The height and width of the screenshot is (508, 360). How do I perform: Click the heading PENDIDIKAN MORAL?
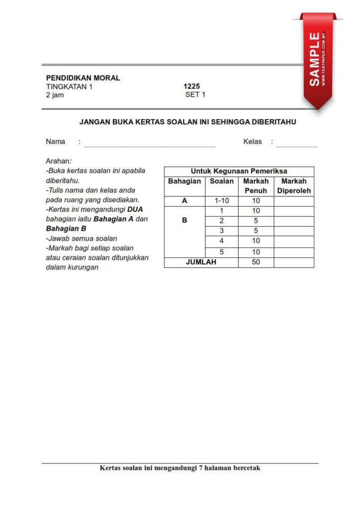pyautogui.click(x=83, y=78)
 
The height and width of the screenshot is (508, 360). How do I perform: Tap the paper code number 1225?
pyautogui.click(x=192, y=86)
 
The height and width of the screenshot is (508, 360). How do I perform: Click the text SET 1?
pyautogui.click(x=195, y=95)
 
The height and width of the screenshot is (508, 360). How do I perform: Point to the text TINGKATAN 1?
pyautogui.click(x=69, y=86)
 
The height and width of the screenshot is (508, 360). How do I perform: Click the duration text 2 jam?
pyautogui.click(x=55, y=95)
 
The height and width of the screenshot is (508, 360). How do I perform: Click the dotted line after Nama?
pyautogui.click(x=149, y=146)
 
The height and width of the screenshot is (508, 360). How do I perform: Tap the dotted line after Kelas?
pyautogui.click(x=296, y=146)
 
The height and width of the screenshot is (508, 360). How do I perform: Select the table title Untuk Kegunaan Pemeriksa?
pyautogui.click(x=239, y=171)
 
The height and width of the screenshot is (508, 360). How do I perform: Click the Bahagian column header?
pyautogui.click(x=184, y=182)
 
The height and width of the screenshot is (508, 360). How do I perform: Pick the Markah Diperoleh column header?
pyautogui.click(x=294, y=186)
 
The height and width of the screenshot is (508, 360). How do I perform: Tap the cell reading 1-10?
pyautogui.click(x=221, y=201)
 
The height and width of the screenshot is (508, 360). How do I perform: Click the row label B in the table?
pyautogui.click(x=184, y=220)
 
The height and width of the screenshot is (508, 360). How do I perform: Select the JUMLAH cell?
pyautogui.click(x=201, y=262)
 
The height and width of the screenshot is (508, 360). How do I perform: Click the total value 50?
pyautogui.click(x=256, y=262)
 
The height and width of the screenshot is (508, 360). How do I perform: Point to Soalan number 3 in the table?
pyautogui.click(x=221, y=231)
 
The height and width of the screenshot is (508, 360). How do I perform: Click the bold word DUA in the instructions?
pyautogui.click(x=135, y=209)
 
